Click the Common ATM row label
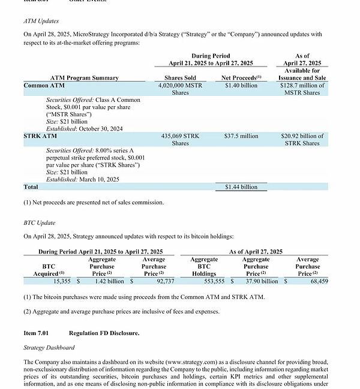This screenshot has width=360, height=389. click(x=44, y=86)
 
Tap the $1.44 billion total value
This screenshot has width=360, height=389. click(x=241, y=187)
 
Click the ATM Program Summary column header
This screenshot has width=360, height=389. click(x=84, y=78)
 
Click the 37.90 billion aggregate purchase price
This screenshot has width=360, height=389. click(x=262, y=281)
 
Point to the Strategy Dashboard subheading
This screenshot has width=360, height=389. click(x=49, y=348)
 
